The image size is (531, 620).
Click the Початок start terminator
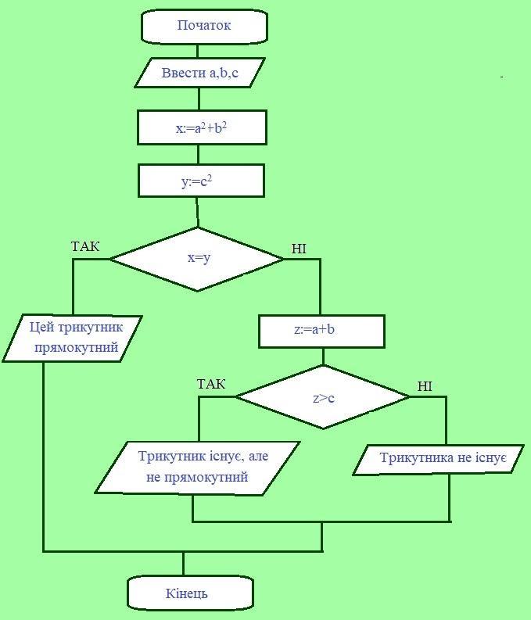tap(203, 26)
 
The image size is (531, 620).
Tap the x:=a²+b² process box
tap(202, 127)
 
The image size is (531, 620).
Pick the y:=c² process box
tap(201, 181)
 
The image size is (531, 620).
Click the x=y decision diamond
tap(198, 258)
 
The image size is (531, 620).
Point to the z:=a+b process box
tap(321, 330)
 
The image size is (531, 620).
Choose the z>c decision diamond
tap(323, 397)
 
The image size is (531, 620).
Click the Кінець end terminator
tap(191, 593)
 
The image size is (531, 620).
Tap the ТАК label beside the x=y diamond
tap(85, 247)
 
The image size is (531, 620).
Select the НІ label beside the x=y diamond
tap(299, 249)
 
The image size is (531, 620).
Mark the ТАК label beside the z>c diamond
tap(211, 384)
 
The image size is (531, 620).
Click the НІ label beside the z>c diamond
tap(425, 386)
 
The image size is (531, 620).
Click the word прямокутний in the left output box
tap(77, 346)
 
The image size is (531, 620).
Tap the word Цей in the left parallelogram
tap(42, 325)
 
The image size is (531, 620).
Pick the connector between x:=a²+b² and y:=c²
tap(201, 154)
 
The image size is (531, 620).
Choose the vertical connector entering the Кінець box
tap(184, 564)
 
